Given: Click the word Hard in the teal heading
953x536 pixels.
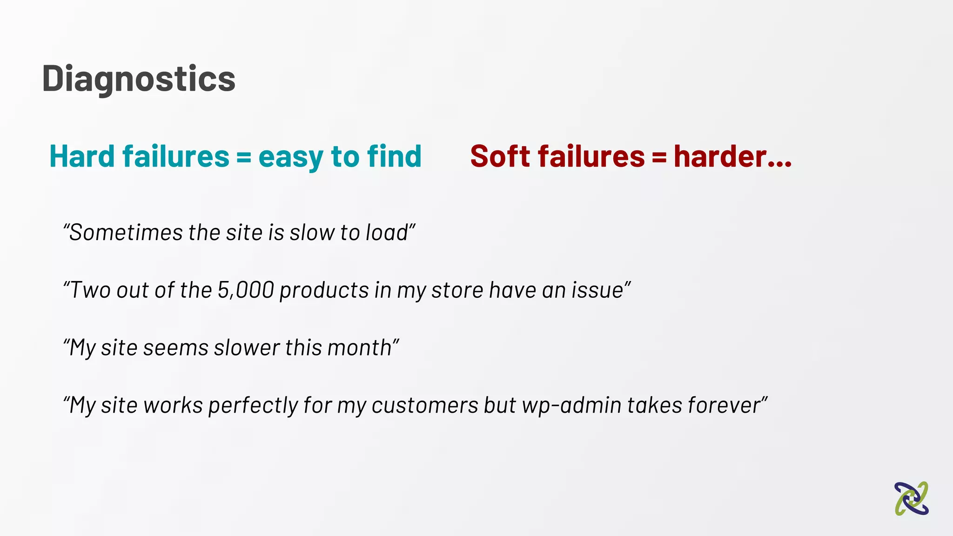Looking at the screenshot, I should coord(81,156).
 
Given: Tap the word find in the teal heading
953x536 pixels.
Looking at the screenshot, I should coord(394,156).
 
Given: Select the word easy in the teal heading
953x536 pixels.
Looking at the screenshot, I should coord(290,157).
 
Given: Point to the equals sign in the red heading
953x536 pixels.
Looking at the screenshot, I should coord(659,157).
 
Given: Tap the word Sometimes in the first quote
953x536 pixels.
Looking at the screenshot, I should coord(126,232).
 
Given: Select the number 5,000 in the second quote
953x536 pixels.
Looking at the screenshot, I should coord(246,290).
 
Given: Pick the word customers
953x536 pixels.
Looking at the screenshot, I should coord(425,406).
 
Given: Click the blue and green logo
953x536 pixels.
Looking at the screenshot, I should coord(911,499).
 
